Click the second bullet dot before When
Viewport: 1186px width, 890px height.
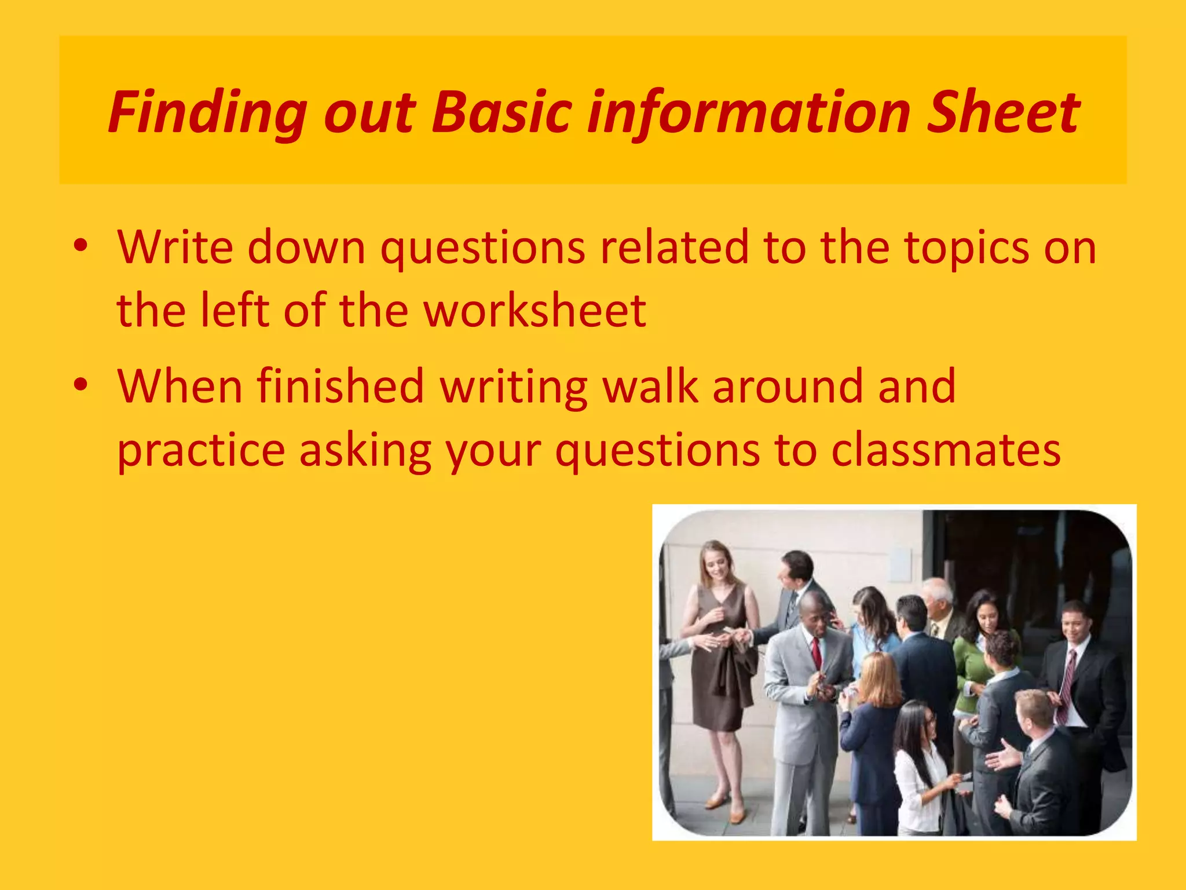(80, 385)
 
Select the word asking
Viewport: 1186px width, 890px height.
(365, 451)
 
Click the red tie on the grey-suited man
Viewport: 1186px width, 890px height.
(817, 652)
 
